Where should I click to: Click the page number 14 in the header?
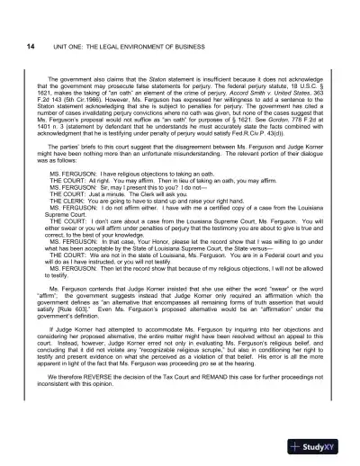click(x=31, y=47)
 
